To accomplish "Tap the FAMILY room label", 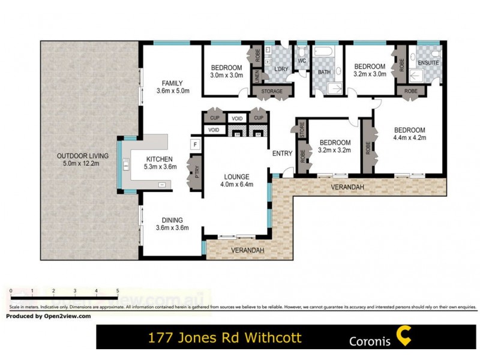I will click(172, 83).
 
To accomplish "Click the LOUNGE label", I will click(236, 176).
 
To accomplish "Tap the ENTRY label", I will click(282, 154).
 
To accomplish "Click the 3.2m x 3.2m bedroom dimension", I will click(334, 151).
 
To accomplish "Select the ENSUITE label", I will click(429, 62).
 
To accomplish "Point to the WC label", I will click(302, 60).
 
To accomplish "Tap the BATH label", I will click(325, 72).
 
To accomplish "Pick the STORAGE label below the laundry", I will click(272, 91).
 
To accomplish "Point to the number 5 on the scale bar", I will click(118, 290).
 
